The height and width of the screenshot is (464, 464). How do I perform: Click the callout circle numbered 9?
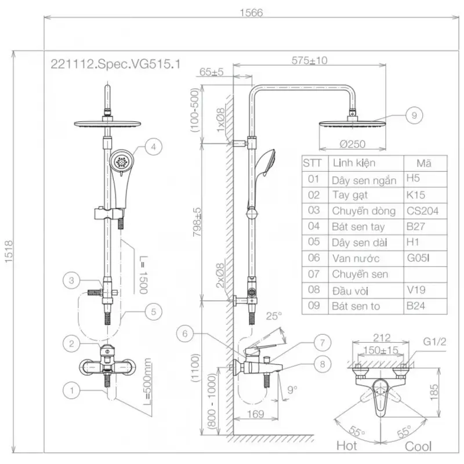tap(414, 115)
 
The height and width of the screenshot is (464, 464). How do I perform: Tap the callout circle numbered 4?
tap(153, 147)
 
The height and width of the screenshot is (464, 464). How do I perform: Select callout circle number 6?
tap(185, 334)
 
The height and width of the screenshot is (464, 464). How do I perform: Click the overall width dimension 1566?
tap(251, 13)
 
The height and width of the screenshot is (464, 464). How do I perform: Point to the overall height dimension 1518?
tap(9, 252)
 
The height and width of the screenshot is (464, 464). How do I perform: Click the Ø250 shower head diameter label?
tap(353, 144)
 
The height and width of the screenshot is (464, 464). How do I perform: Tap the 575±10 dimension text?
tap(310, 60)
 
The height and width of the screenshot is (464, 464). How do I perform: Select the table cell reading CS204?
tap(423, 211)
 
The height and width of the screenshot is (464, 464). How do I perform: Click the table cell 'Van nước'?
tap(356, 258)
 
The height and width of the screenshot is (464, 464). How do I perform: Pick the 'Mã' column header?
tap(424, 163)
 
